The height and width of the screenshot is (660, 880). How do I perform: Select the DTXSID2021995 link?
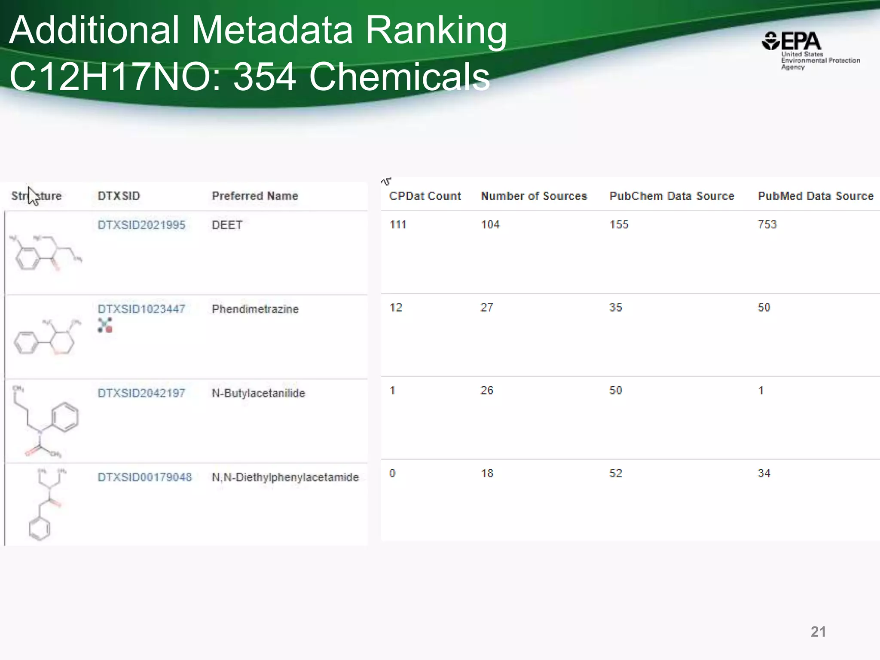(x=141, y=225)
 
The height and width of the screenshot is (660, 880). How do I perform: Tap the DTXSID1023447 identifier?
(x=141, y=309)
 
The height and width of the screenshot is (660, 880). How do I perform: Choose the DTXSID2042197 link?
(x=141, y=393)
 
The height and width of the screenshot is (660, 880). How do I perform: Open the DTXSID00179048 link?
(x=145, y=477)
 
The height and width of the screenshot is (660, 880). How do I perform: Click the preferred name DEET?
(x=227, y=225)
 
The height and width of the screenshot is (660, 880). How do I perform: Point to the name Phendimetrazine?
(x=255, y=309)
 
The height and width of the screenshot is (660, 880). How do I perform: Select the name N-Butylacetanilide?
(x=258, y=393)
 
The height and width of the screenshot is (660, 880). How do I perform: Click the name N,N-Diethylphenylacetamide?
(x=285, y=477)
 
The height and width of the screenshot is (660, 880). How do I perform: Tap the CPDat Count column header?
(x=425, y=196)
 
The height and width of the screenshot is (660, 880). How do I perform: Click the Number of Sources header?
(x=534, y=196)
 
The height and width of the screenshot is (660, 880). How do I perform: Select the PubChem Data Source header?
(x=672, y=196)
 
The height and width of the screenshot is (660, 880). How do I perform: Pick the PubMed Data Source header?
(x=816, y=196)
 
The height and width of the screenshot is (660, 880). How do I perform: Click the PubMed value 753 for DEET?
(x=767, y=224)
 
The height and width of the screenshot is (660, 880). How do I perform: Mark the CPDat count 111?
(x=397, y=224)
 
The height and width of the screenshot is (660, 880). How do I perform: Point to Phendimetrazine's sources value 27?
(x=486, y=307)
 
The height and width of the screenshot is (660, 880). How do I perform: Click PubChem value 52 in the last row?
(x=615, y=473)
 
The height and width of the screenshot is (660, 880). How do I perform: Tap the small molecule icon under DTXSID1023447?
(x=105, y=325)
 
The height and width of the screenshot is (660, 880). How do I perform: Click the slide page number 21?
(x=818, y=632)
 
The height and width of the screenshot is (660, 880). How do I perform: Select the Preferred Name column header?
(x=255, y=196)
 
